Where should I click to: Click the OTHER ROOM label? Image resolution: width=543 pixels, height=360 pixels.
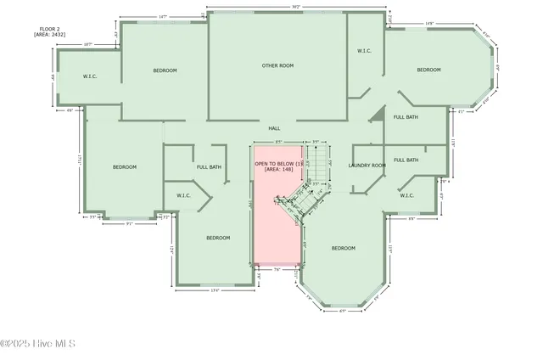277,65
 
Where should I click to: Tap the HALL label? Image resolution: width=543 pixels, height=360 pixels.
274,128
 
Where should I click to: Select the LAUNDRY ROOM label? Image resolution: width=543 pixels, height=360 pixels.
367,165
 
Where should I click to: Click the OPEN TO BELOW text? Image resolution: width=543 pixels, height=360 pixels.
279,162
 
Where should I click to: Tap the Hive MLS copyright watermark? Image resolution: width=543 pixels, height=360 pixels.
38,343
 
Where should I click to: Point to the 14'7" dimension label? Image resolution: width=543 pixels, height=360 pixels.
162,17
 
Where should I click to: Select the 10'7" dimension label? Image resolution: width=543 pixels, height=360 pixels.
88,44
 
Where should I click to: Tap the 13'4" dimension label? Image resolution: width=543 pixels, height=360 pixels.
215,290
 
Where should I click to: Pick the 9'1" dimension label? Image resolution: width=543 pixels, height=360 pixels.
130,224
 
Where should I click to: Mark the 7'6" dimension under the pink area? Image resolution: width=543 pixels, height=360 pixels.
276,270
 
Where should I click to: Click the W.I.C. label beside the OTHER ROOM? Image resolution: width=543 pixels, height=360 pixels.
364,51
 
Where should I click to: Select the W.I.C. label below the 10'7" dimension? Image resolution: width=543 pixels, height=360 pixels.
90,76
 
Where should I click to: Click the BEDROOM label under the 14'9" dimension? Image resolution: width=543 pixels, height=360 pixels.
428,70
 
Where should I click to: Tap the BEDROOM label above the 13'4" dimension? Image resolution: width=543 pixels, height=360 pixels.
218,238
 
